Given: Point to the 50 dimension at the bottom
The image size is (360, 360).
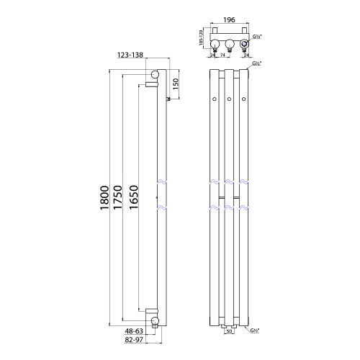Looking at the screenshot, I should click(229, 333).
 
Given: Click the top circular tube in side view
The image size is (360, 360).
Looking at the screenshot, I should click(155, 75).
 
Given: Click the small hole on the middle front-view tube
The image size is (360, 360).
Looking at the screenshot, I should click(229, 98).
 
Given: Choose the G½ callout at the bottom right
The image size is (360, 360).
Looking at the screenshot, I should click(255, 331).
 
